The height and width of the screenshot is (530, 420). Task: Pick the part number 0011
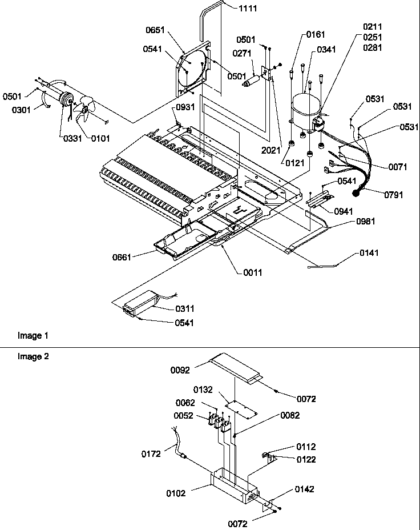coord(252,272)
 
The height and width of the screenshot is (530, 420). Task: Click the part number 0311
coord(184,309)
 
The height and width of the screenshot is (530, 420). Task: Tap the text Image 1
coord(29,336)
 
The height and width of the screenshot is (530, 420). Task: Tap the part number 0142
coord(305,489)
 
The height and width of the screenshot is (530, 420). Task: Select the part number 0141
coord(369,252)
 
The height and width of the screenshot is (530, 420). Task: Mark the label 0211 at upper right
coord(372,27)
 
